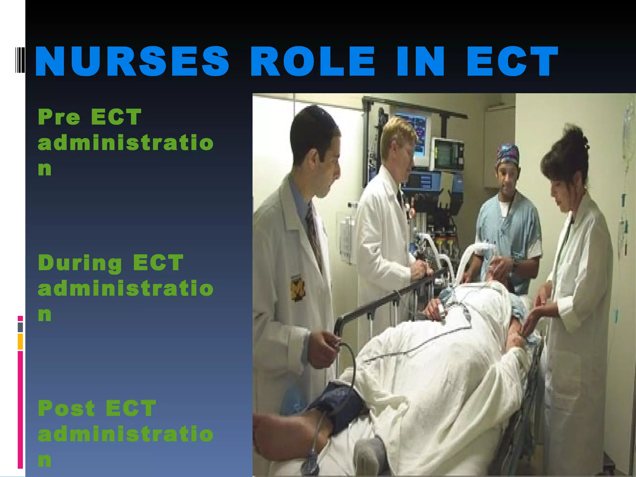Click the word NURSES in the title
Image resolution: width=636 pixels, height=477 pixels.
[x=132, y=61]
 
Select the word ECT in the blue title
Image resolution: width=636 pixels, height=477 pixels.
[x=512, y=61]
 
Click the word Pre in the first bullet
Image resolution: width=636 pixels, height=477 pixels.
[x=59, y=117]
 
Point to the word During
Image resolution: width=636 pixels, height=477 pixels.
[x=80, y=263]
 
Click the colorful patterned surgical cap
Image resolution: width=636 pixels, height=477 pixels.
[x=507, y=154]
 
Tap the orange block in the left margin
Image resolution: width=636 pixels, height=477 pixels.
[x=20, y=341]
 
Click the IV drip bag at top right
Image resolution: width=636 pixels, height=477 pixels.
[x=629, y=124]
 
